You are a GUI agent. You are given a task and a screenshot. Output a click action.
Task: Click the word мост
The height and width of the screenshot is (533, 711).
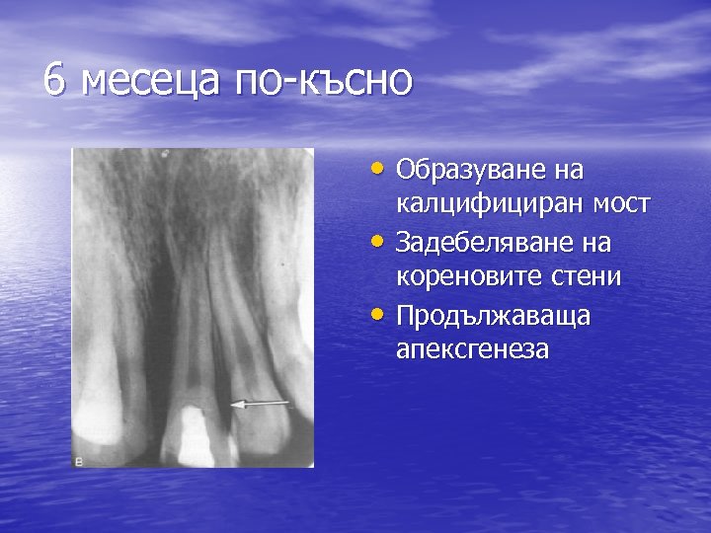(618, 205)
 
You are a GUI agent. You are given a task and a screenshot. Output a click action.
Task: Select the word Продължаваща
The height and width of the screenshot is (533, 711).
(478, 317)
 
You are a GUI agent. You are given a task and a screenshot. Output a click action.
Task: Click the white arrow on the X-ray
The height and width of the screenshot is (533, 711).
(261, 404)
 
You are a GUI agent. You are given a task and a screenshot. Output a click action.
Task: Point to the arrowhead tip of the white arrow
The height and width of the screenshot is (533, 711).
(232, 404)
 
